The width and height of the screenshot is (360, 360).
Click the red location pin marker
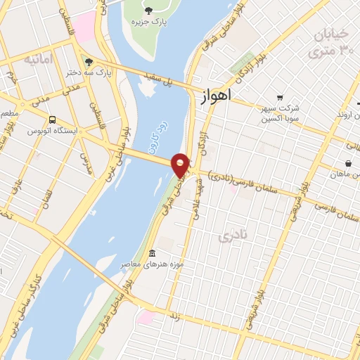(181, 165)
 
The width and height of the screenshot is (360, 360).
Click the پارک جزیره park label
(150, 22)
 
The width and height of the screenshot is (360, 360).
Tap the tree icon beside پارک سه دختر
(85, 63)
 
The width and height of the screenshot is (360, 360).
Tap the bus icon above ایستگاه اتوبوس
(54, 119)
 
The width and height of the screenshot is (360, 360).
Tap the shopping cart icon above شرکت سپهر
(280, 98)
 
